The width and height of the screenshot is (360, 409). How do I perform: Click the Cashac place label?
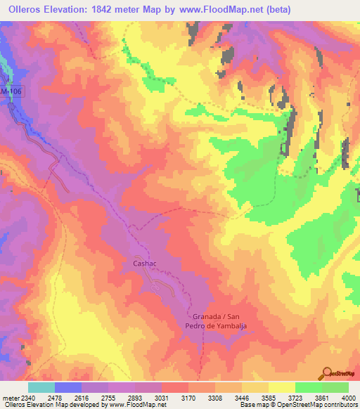(144, 263)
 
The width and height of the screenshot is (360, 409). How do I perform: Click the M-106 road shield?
(8, 93)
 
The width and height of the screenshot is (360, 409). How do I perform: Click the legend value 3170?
(188, 396)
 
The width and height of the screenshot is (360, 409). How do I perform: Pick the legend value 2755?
(108, 396)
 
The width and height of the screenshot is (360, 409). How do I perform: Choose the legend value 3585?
(268, 396)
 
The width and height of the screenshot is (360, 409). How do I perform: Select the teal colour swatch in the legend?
(41, 387)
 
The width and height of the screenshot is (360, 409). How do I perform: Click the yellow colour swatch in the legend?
(282, 387)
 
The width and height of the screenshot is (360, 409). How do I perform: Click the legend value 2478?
(54, 396)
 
